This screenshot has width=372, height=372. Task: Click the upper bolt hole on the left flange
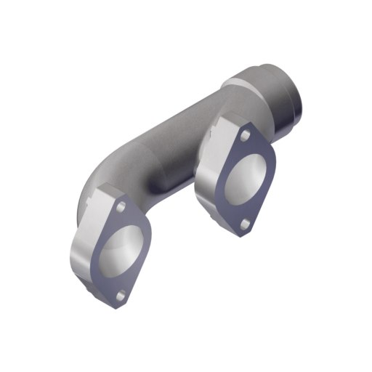point(121,209)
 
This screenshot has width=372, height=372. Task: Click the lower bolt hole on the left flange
point(121,294)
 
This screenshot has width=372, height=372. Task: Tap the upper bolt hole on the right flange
point(246,136)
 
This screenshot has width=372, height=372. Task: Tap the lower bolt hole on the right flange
point(245,223)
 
